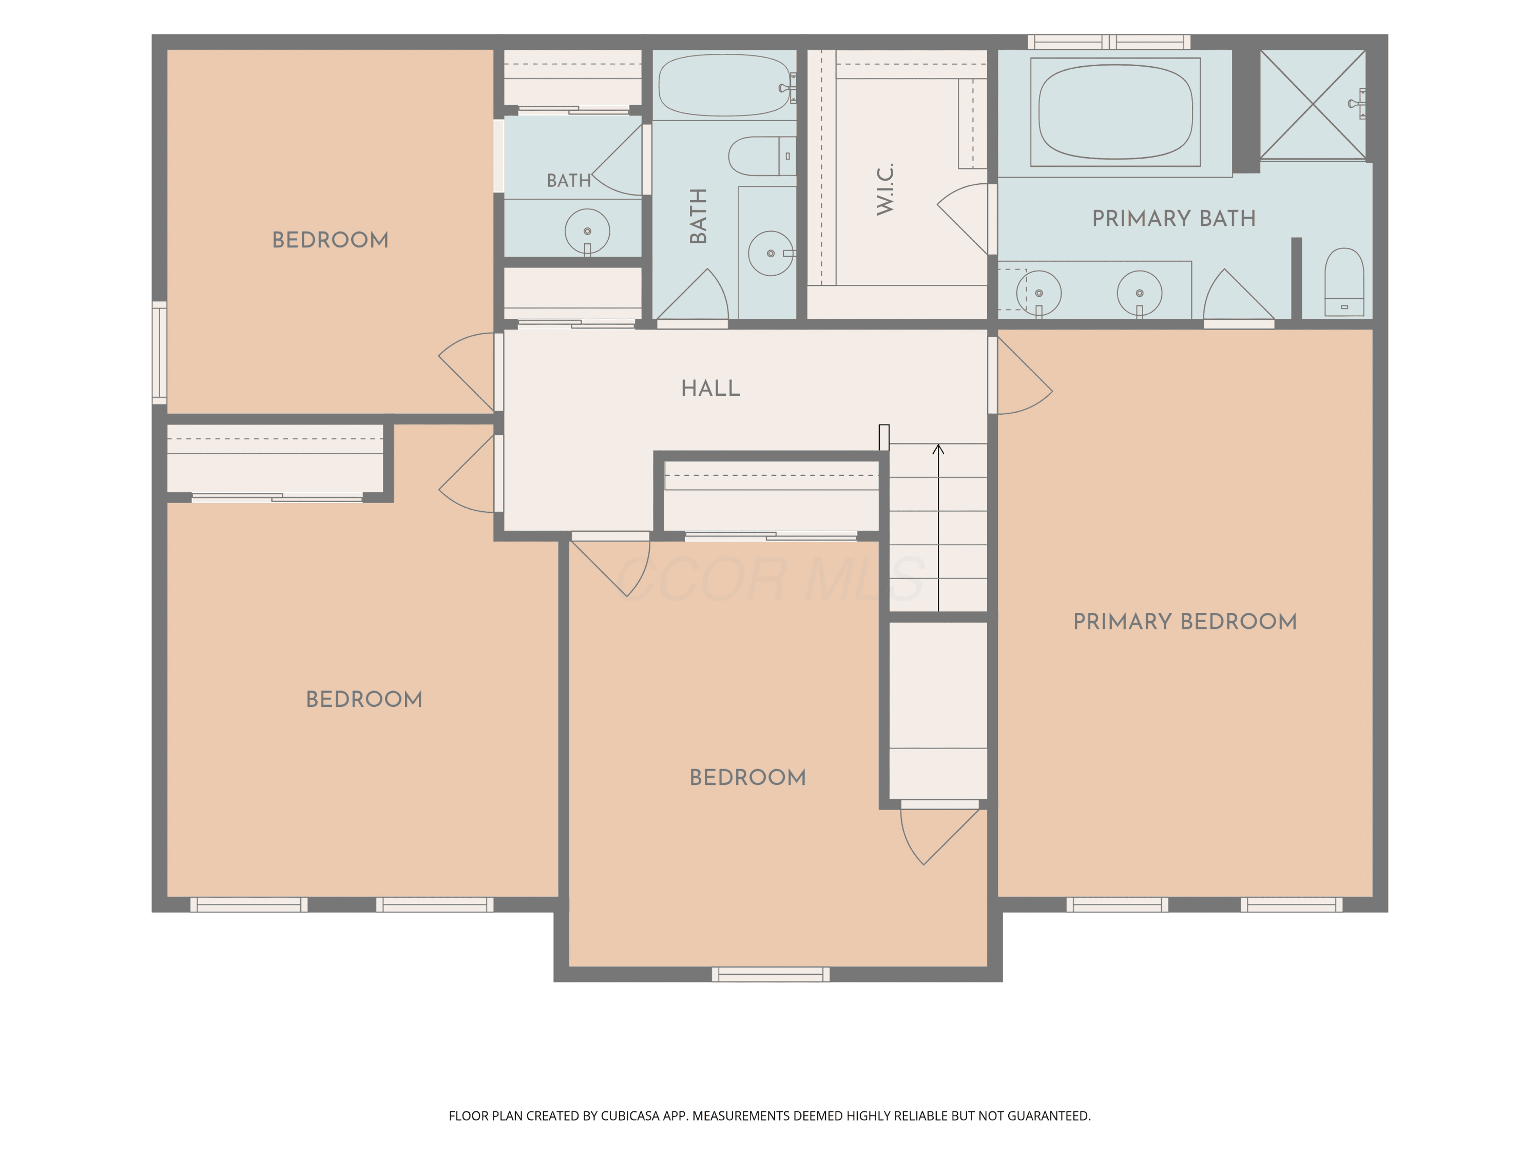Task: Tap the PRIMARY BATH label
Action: click(1174, 219)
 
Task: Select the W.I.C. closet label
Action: click(885, 189)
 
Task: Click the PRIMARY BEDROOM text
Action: click(1185, 621)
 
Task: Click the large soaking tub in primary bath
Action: click(1115, 112)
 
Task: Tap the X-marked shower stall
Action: click(1313, 104)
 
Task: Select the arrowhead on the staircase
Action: click(938, 450)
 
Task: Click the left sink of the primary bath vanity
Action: click(1039, 293)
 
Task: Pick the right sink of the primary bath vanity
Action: click(1140, 293)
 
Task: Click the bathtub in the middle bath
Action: click(725, 85)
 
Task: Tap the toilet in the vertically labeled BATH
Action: click(762, 156)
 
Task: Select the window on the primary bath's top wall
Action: click(1109, 42)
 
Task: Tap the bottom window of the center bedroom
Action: click(771, 974)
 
